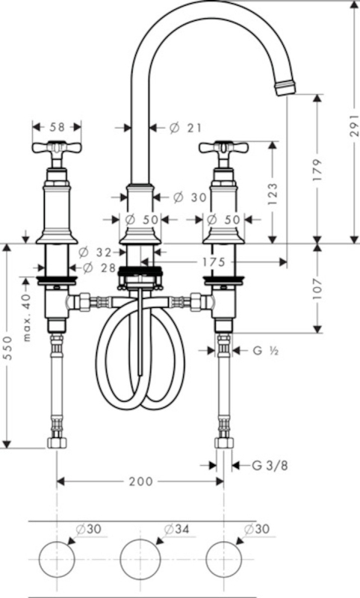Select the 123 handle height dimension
[273, 194]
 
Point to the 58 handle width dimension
[58, 126]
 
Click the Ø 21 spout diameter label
[184, 128]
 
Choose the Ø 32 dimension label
[94, 252]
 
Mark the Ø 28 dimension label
[99, 268]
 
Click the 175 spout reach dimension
[214, 262]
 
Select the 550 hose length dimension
[7, 348]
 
